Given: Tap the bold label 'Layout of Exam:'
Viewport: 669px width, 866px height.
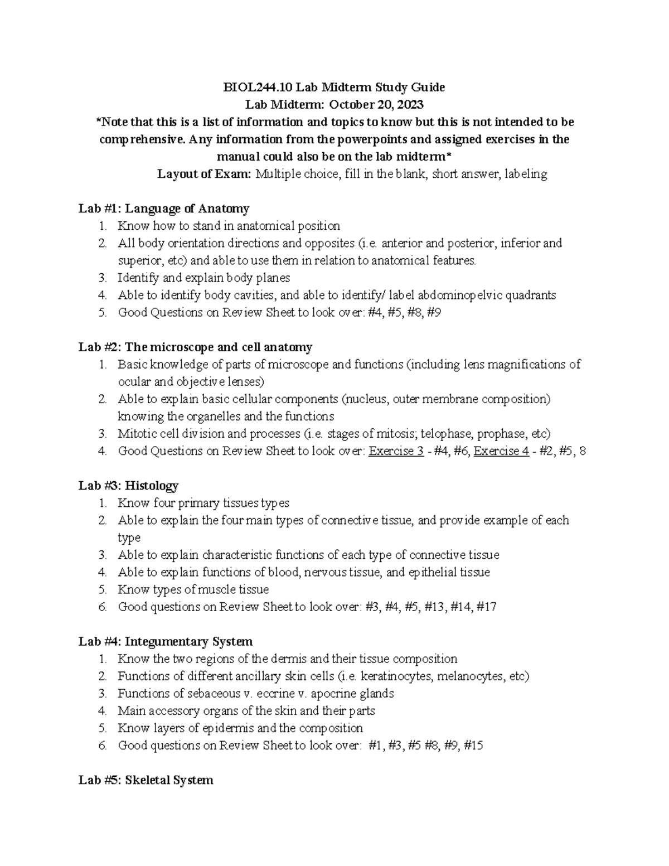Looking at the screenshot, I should tap(205, 174).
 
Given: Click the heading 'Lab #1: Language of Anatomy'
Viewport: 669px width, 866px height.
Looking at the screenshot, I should tap(164, 209).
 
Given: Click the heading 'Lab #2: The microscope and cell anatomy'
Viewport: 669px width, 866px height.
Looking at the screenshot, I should tap(195, 347).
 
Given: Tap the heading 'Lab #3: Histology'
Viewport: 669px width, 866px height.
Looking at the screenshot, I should tap(128, 486).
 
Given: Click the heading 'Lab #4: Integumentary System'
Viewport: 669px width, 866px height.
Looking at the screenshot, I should tap(166, 641).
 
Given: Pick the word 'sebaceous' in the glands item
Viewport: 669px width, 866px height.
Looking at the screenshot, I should tap(206, 694).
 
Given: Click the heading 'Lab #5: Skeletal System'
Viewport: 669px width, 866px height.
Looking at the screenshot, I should tap(146, 780).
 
